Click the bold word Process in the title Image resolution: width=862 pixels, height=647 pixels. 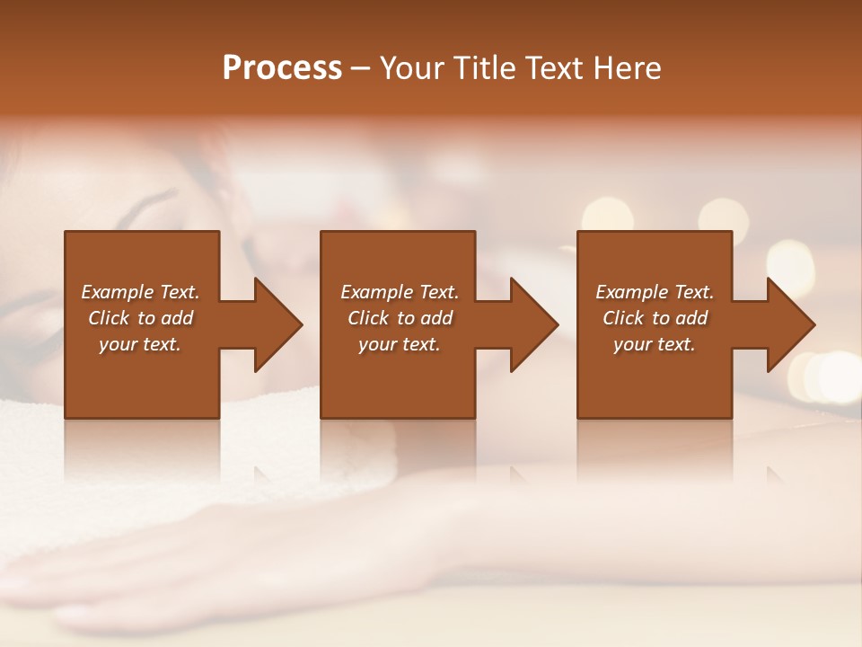click(x=282, y=68)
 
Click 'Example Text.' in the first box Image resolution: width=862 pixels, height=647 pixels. click(x=140, y=292)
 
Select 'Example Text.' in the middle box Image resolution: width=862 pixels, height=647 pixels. click(x=399, y=292)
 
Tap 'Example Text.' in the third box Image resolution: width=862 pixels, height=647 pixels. click(x=655, y=292)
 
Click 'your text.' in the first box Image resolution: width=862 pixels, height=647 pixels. click(x=140, y=344)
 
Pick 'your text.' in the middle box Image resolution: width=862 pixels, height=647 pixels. click(x=399, y=344)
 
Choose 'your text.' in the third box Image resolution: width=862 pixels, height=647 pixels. click(x=655, y=344)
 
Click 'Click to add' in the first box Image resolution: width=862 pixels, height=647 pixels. click(x=140, y=318)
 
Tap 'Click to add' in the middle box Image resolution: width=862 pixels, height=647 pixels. click(x=399, y=318)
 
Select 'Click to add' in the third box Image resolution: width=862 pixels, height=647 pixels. click(x=655, y=318)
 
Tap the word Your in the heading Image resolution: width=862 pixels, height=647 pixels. click(x=411, y=68)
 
